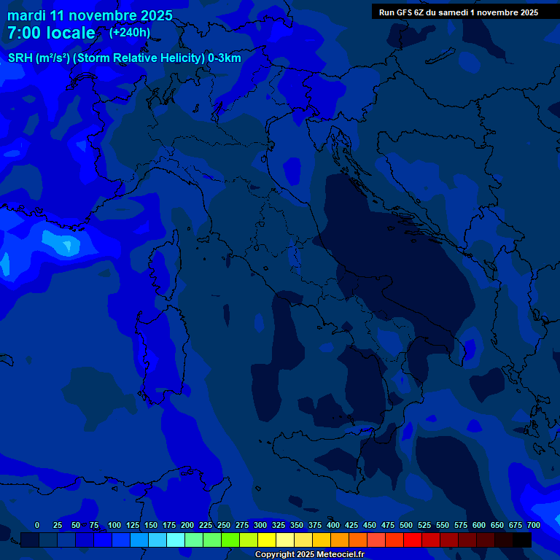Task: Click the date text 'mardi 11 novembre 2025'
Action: pos(90,15)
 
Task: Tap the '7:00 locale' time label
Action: pos(51,33)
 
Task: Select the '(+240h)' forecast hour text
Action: pos(130,32)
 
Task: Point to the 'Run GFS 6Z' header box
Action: pos(459,12)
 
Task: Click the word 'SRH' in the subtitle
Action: pos(20,58)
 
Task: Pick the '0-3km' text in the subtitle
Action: pos(225,58)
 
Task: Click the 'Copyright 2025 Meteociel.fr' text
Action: pos(314,554)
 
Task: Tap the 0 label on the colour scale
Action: pos(37,525)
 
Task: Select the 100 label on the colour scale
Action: pos(114,525)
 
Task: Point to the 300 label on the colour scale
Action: pos(260,525)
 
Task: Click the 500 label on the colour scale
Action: pos(406,525)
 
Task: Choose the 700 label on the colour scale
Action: pos(534,525)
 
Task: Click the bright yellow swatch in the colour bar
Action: pos(267,540)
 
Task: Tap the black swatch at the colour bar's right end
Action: pos(522,540)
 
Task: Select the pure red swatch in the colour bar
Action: pos(413,540)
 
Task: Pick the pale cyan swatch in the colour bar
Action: pos(176,540)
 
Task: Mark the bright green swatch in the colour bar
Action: pos(230,540)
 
